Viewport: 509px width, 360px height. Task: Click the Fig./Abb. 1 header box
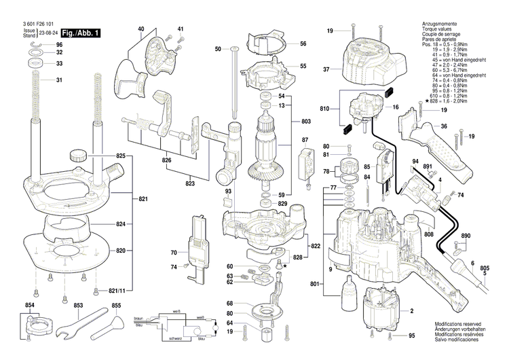(x=79, y=33)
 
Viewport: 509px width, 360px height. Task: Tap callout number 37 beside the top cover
(x=326, y=69)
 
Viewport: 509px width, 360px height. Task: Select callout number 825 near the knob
(x=121, y=156)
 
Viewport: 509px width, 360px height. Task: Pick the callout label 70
(x=173, y=253)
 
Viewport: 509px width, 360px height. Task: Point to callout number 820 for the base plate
(x=121, y=251)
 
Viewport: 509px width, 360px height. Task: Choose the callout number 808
(x=428, y=235)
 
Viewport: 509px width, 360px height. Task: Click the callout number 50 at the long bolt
(x=218, y=49)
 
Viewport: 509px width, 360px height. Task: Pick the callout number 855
(x=116, y=306)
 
